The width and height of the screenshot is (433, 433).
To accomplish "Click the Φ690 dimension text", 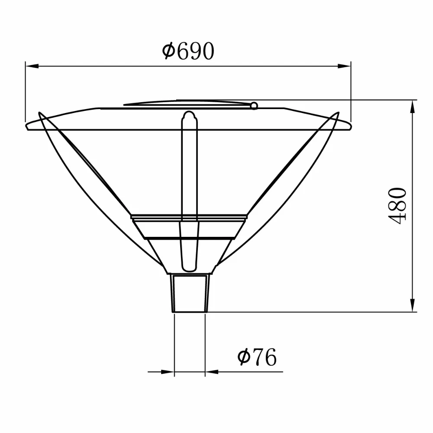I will [188, 51].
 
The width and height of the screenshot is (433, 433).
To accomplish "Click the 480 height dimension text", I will [397, 205].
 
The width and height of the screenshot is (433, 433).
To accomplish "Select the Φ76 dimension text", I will [256, 357].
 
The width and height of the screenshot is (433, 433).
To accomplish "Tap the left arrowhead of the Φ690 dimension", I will [31, 66].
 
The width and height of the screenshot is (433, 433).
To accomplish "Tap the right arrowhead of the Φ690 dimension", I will [345, 66].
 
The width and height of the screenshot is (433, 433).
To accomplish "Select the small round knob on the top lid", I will [254, 105].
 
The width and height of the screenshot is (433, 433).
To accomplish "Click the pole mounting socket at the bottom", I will [191, 293].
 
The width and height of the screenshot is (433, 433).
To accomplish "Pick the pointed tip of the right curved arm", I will [336, 114].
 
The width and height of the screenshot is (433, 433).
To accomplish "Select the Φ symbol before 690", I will [168, 51].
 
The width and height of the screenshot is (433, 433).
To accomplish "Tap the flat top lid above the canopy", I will [186, 103].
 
